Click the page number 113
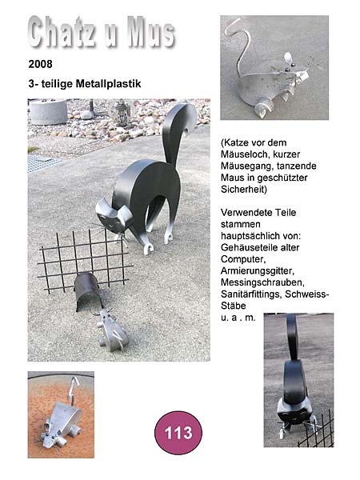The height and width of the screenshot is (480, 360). (x=178, y=433)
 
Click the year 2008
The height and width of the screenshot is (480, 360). (x=41, y=64)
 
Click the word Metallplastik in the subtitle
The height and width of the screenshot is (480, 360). (x=108, y=83)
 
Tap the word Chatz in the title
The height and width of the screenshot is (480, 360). (x=62, y=32)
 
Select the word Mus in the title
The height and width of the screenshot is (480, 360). (x=151, y=32)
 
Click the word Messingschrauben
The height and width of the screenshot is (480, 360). (x=262, y=282)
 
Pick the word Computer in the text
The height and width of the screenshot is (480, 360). (x=243, y=259)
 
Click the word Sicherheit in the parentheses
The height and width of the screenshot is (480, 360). (x=244, y=189)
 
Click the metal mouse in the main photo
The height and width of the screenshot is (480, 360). (x=111, y=330)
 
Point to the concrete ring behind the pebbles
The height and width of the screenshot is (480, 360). (x=48, y=112)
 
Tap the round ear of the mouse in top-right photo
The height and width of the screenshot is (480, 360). (x=288, y=58)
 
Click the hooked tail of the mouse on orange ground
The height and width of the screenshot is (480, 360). (x=73, y=389)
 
